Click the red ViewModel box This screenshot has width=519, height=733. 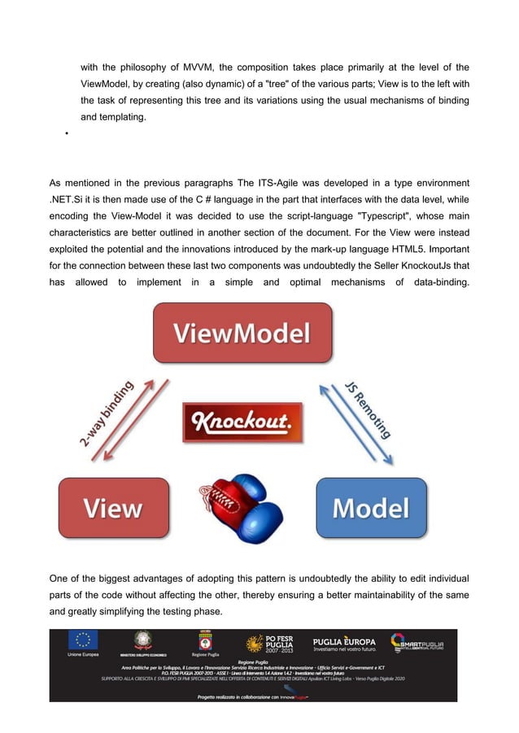pyautogui.click(x=242, y=333)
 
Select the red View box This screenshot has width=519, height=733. pyautogui.click(x=113, y=508)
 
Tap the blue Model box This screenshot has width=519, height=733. pyautogui.click(x=370, y=508)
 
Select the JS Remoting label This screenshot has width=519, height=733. pyautogui.click(x=368, y=410)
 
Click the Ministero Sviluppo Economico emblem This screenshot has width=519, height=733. pyautogui.click(x=143, y=640)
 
